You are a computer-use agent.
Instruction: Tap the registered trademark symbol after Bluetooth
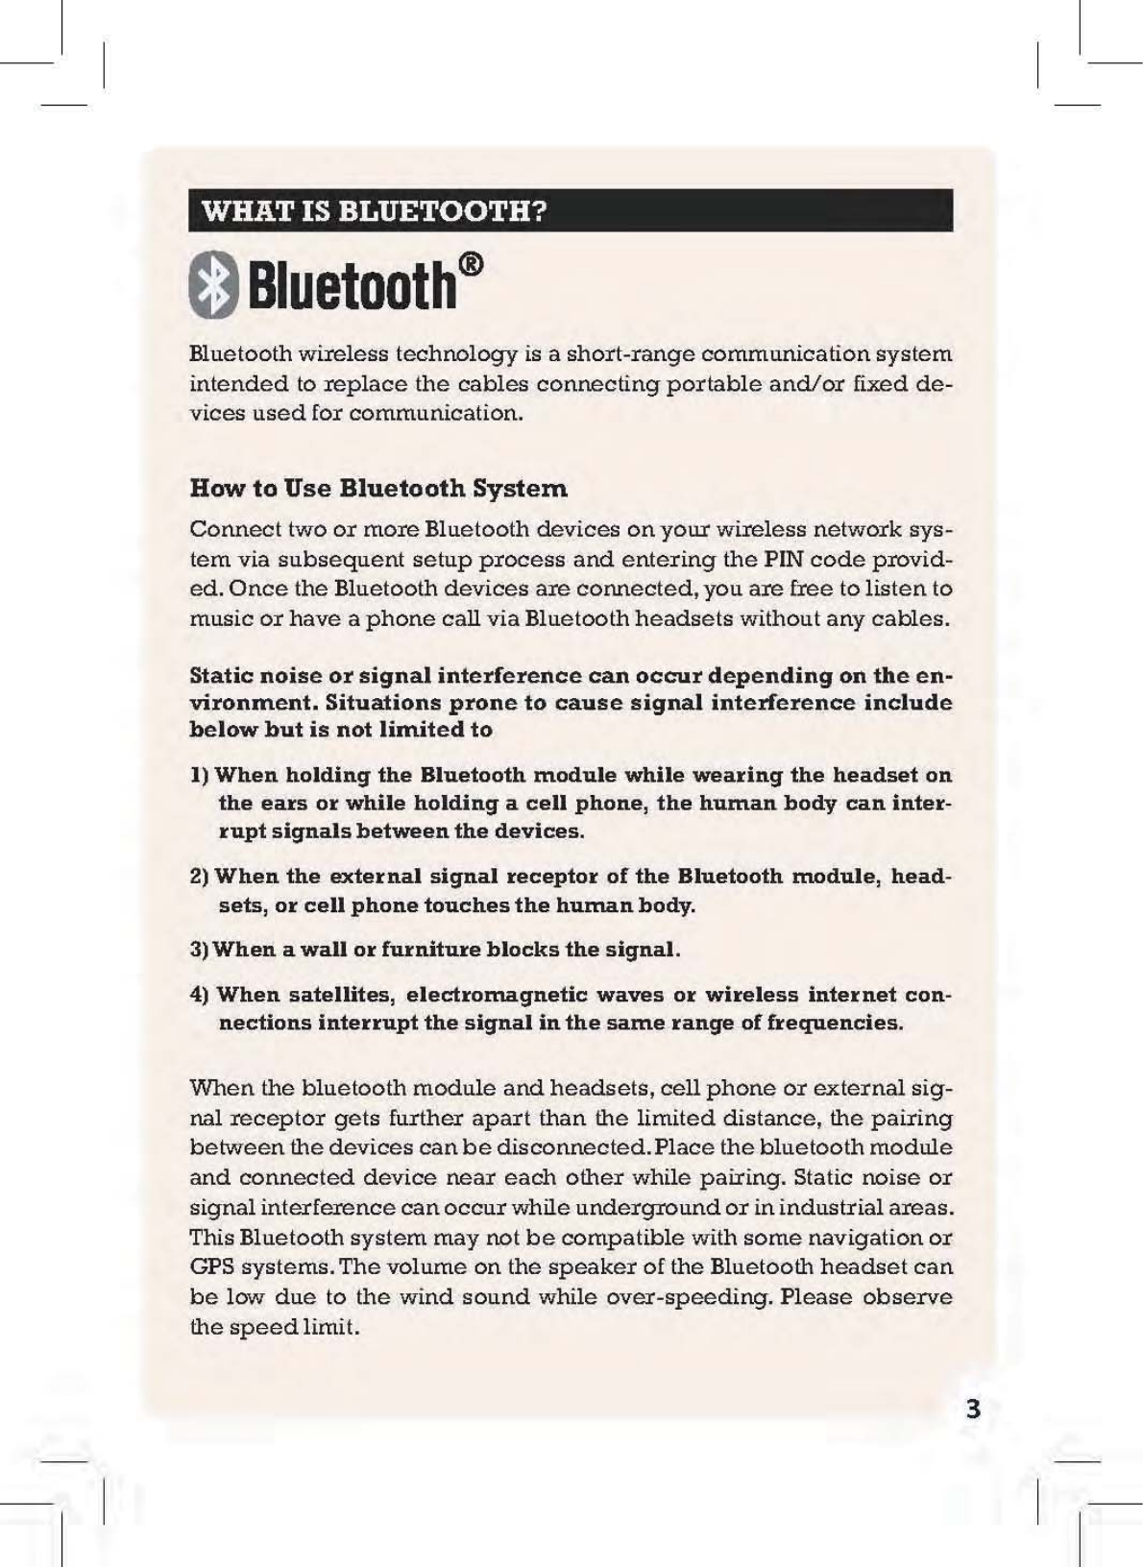pos(471,264)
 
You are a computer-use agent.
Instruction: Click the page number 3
pos(973,1409)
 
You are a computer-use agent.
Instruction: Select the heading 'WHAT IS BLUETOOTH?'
pos(374,210)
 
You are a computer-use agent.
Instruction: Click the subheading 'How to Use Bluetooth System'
pos(378,489)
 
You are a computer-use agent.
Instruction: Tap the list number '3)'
pos(200,950)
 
